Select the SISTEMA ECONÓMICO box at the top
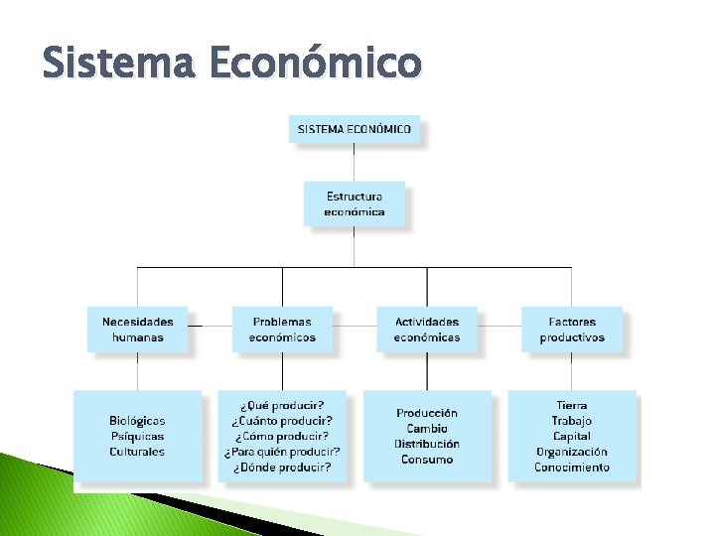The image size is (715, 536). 355,129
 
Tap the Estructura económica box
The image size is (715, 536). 355,203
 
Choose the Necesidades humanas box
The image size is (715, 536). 137,329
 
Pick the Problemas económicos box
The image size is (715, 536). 282,329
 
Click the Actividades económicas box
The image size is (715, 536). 427,329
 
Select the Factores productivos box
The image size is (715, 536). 572,329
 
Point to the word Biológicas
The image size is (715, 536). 137,421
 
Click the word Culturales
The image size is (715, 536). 137,452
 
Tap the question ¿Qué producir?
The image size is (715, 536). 282,405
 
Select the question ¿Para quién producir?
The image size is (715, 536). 282,452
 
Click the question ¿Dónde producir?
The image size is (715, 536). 282,467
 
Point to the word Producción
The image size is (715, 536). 427,413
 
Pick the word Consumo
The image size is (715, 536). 427,460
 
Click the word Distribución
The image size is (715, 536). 427,444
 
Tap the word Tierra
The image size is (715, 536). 572,405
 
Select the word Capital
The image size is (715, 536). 572,436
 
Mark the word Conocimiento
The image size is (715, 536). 572,467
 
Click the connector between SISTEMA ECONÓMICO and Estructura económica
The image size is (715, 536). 355,162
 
